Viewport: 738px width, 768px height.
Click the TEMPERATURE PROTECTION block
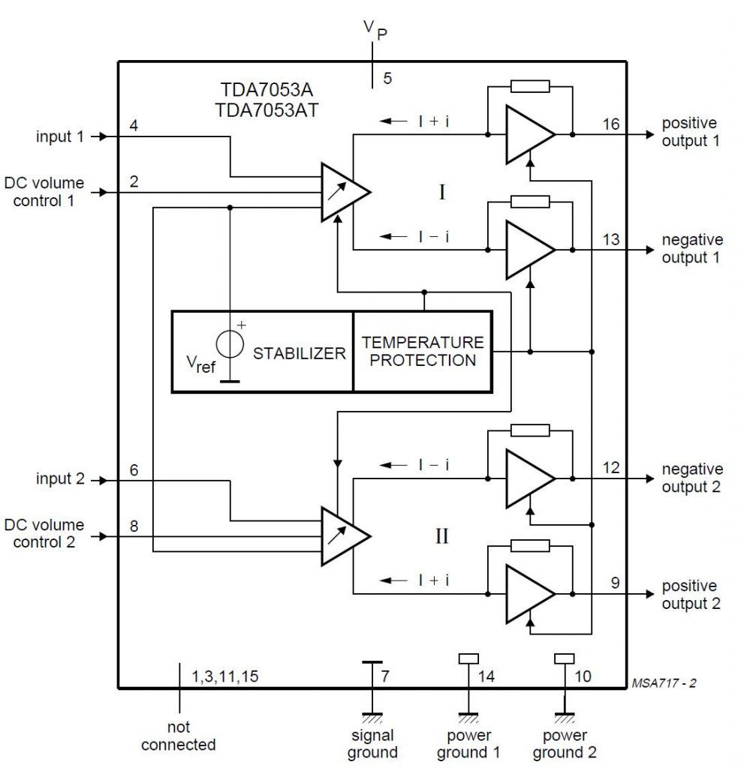point(423,351)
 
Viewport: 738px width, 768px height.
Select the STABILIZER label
point(299,353)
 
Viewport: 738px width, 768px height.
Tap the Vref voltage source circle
point(230,344)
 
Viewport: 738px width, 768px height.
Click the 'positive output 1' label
point(688,132)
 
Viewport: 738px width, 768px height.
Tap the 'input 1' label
point(59,136)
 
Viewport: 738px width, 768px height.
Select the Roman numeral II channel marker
point(441,536)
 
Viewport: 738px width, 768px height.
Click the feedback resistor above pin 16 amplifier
point(529,85)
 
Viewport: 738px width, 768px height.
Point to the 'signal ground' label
point(372,744)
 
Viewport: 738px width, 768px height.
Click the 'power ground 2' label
point(565,744)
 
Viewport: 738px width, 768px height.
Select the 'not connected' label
point(179,736)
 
